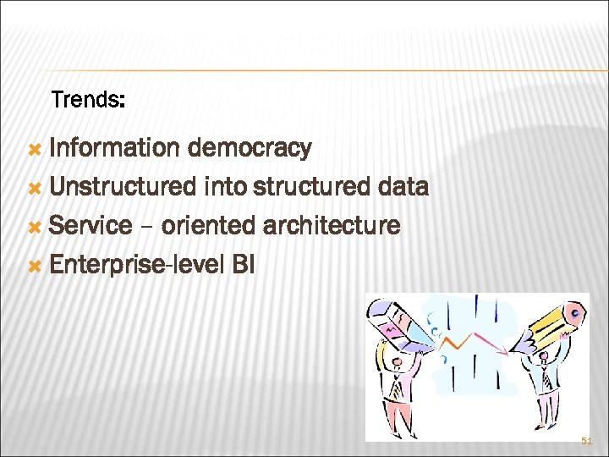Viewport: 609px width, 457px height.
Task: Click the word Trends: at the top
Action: [89, 101]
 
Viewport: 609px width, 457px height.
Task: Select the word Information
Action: [114, 148]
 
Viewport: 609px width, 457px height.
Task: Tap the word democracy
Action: [250, 148]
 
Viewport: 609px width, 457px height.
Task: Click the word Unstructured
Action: [123, 187]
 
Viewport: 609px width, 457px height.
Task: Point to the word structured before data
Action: [314, 187]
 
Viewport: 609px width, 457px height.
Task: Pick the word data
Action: [404, 187]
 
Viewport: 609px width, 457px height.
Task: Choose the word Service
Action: [91, 226]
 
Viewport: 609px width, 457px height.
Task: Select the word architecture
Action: [332, 226]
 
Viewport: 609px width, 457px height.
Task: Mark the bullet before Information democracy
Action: [35, 149]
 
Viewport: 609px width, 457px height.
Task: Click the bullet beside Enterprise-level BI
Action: [35, 266]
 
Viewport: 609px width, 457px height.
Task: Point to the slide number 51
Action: [587, 441]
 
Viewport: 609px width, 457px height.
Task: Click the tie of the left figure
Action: [397, 386]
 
